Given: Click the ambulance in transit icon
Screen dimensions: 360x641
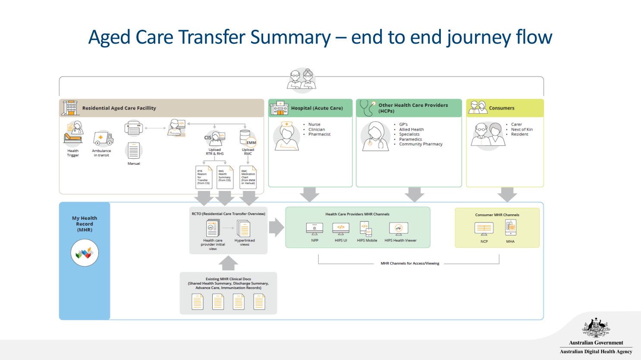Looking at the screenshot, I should [x=103, y=139].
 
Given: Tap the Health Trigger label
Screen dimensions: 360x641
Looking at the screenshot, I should [x=73, y=153].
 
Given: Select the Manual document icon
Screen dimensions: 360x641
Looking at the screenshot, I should [x=133, y=151].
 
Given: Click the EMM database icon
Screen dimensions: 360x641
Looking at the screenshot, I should [x=247, y=138].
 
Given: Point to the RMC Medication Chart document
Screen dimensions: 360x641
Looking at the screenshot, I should [x=248, y=177].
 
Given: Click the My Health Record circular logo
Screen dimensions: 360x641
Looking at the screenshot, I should [x=85, y=253].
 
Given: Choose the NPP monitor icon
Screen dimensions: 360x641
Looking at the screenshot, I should [x=314, y=229].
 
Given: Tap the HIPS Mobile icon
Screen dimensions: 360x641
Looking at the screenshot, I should [x=366, y=229].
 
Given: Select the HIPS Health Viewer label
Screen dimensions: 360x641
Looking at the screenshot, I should [x=400, y=241].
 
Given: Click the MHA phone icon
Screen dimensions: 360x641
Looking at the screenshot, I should [x=511, y=228].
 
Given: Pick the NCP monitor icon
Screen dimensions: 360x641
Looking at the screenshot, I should [x=484, y=229].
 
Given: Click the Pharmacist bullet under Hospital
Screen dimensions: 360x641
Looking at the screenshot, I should [x=319, y=135].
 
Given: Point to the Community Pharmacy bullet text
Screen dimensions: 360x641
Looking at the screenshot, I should [x=421, y=144].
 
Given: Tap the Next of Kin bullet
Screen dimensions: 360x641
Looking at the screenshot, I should [x=522, y=129].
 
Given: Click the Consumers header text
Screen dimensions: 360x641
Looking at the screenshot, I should [x=502, y=108].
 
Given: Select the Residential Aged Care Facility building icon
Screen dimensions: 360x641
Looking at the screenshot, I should [x=70, y=108].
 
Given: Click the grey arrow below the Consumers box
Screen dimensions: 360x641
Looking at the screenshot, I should [x=507, y=194].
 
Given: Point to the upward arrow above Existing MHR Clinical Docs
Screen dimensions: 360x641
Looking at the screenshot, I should [x=228, y=263].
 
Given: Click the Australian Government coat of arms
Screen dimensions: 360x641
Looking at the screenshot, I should [x=596, y=328].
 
